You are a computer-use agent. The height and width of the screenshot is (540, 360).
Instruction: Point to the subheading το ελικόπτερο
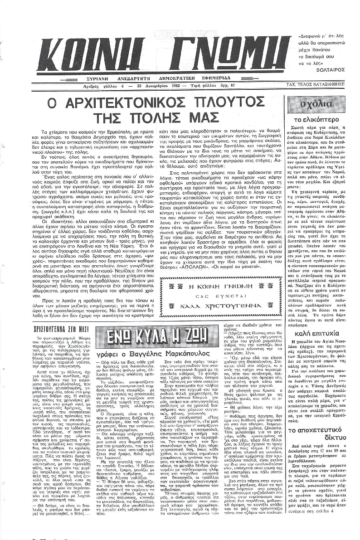320,120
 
